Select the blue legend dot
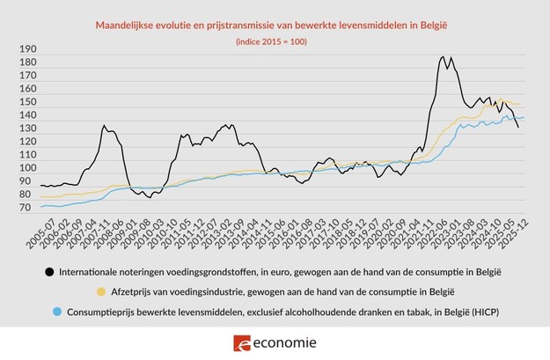pyautogui.click(x=58, y=312)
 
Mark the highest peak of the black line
pyautogui.click(x=444, y=57)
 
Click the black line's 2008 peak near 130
pyautogui.click(x=104, y=126)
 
